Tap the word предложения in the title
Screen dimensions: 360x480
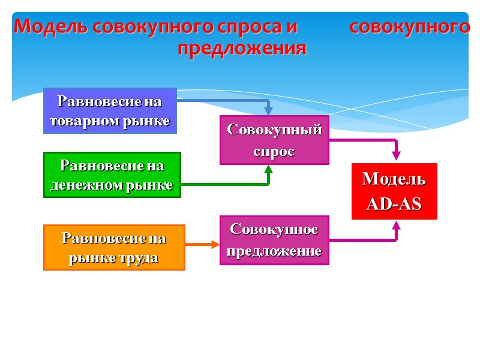pyautogui.click(x=241, y=48)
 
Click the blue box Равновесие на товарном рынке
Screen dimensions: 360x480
pyautogui.click(x=110, y=110)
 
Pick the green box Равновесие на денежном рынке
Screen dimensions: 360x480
pyautogui.click(x=112, y=175)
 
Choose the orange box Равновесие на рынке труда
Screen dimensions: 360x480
pyautogui.click(x=114, y=247)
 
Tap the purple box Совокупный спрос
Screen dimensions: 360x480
pyautogui.click(x=274, y=140)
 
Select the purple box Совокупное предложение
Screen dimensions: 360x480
pyautogui.click(x=274, y=239)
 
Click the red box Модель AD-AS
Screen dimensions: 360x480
pyautogui.click(x=394, y=191)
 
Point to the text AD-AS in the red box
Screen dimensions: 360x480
pyautogui.click(x=394, y=204)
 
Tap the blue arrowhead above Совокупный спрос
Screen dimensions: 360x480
pyautogui.click(x=269, y=110)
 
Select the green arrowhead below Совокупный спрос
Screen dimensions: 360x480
pyautogui.click(x=269, y=170)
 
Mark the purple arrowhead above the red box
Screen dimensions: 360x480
pyautogui.click(x=396, y=155)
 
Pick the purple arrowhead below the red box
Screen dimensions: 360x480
pyautogui.click(x=396, y=226)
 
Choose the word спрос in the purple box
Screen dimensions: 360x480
pyautogui.click(x=274, y=151)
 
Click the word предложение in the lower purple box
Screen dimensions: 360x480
pyautogui.click(x=274, y=251)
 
